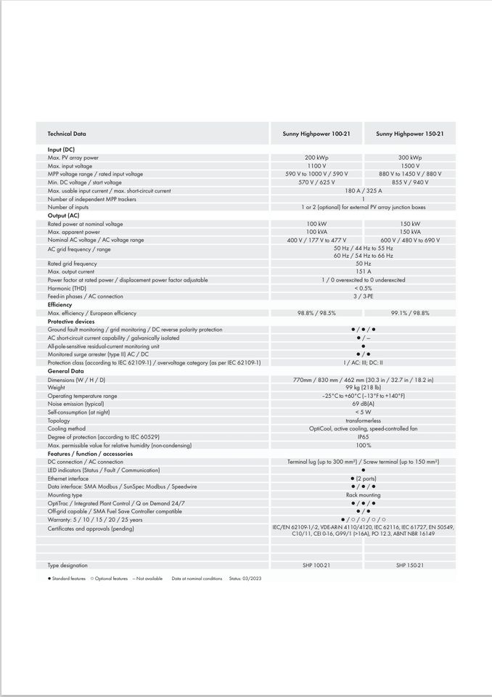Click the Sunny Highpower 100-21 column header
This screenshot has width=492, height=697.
click(316, 134)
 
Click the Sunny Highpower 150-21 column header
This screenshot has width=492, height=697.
click(410, 134)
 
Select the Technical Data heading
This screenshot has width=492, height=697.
click(67, 134)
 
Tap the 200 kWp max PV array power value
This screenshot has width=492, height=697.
click(316, 158)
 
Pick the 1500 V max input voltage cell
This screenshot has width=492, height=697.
click(410, 166)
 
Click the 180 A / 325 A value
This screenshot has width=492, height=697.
click(363, 191)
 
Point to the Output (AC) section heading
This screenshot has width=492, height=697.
click(64, 216)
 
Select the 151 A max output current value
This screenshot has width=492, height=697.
click(363, 272)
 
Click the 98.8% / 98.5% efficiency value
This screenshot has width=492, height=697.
click(316, 313)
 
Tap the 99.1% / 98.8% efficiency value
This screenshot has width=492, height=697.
click(410, 313)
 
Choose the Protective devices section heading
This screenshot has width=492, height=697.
click(71, 321)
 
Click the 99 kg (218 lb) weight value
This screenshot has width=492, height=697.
click(363, 388)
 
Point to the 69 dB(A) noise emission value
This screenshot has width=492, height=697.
click(363, 404)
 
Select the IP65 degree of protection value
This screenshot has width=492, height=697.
click(363, 437)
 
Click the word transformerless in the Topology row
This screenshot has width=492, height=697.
click(363, 420)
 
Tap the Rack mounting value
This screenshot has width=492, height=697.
click(363, 494)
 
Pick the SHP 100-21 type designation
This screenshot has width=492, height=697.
click(316, 565)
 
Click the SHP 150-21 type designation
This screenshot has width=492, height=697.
click(410, 565)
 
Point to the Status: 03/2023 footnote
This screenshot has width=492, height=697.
click(245, 579)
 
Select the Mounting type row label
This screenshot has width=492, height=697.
click(65, 494)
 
